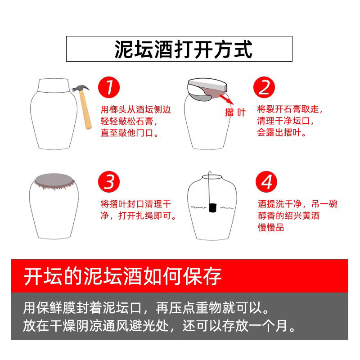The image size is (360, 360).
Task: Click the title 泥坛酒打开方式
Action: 183,49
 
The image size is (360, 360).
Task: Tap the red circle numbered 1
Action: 109,87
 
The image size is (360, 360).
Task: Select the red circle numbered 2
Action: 264,87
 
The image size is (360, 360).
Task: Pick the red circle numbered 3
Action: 109,182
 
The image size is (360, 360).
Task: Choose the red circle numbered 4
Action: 266,182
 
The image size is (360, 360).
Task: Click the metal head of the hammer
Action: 80,89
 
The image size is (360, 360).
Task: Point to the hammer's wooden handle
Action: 85,110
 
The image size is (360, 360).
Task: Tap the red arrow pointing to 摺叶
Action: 227,99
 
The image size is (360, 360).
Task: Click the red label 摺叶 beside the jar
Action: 235,112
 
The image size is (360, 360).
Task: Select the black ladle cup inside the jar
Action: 213,208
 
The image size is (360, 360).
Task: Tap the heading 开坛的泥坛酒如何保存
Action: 123,276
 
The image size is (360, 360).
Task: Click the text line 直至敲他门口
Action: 130,133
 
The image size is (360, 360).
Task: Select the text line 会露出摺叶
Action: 282,132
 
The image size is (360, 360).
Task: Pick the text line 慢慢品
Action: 271,227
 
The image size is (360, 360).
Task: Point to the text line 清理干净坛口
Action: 285,121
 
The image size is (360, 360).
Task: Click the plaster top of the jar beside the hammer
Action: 54,85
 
